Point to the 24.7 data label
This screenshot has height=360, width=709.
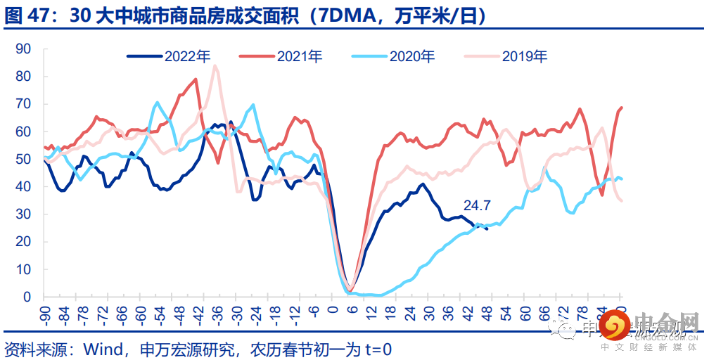click(477, 206)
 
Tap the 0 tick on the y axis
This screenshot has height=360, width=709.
click(27, 297)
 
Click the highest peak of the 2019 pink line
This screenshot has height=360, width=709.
click(215, 66)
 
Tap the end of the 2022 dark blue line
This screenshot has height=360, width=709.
click(487, 228)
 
